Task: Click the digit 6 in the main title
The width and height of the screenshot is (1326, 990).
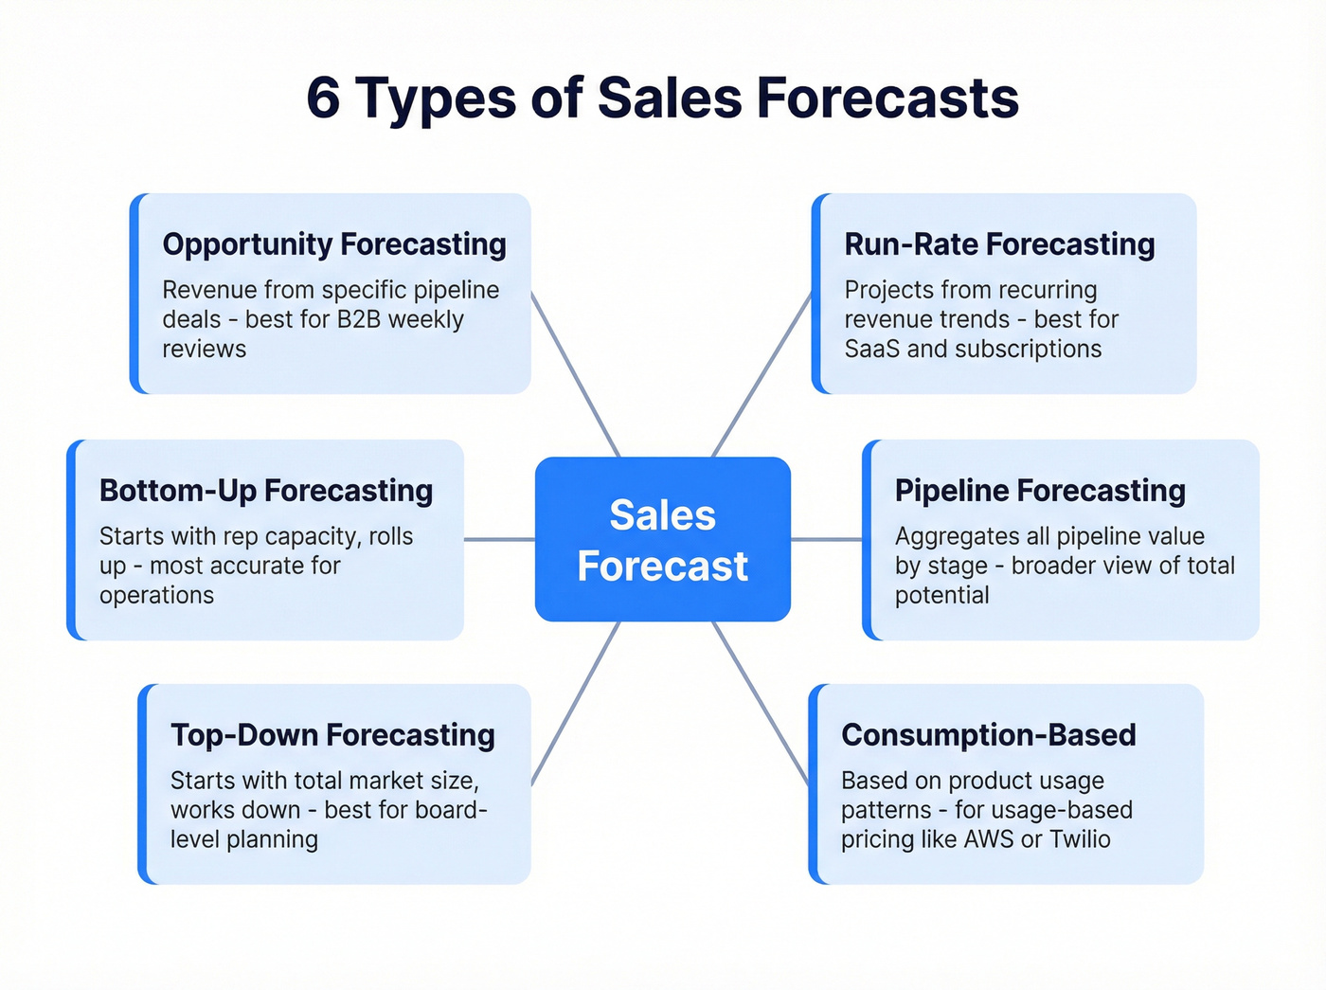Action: (x=324, y=99)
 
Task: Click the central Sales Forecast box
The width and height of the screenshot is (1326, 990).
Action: (x=662, y=540)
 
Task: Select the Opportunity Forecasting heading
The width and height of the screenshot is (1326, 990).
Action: (x=334, y=244)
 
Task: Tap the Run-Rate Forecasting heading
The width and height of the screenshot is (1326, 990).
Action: (x=999, y=244)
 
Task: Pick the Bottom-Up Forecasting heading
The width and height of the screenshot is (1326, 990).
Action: (x=266, y=491)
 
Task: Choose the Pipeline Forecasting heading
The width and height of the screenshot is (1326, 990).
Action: (x=1040, y=491)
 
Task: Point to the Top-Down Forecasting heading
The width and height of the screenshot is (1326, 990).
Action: (x=332, y=735)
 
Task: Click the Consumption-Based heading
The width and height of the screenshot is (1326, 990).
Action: (x=988, y=735)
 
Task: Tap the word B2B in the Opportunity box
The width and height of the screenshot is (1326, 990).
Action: (x=359, y=319)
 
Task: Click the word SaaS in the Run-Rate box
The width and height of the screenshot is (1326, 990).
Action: (x=872, y=349)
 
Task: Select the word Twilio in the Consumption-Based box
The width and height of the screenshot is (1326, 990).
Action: (x=1080, y=839)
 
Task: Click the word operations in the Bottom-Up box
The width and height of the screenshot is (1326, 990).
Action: (x=156, y=595)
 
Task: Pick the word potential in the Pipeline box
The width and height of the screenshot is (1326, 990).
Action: (x=941, y=595)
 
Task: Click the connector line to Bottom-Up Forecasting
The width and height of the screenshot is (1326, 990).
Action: (x=499, y=540)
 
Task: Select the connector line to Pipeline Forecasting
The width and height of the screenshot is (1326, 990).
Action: (x=826, y=540)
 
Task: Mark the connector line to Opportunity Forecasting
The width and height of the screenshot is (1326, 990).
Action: (x=575, y=374)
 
